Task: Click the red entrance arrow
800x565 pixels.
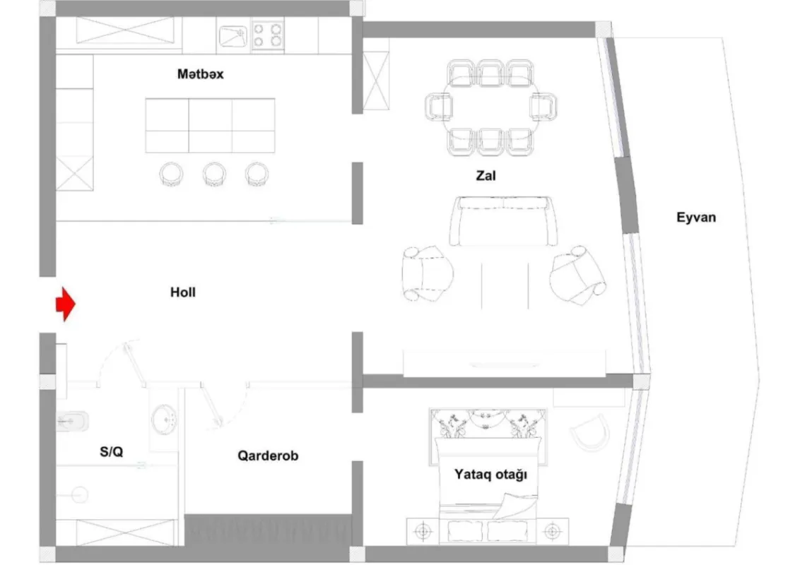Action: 65,304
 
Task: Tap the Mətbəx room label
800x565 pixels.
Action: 200,73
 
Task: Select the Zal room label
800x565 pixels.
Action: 486,176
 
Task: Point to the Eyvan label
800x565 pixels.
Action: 695,217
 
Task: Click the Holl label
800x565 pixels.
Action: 182,292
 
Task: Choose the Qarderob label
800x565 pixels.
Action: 267,456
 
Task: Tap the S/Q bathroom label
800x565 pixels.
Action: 111,452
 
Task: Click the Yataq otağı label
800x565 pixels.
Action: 490,475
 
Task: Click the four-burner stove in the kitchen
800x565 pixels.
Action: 268,36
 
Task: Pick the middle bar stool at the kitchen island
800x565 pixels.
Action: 214,174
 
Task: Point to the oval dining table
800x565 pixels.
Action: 490,107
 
